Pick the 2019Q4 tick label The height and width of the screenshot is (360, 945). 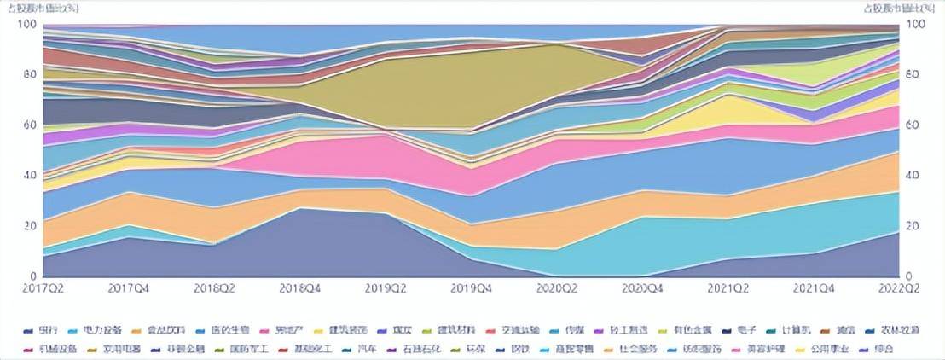[x=471, y=289]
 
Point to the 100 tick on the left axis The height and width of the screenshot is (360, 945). [x=27, y=25]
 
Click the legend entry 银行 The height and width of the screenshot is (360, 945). [x=42, y=329]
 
